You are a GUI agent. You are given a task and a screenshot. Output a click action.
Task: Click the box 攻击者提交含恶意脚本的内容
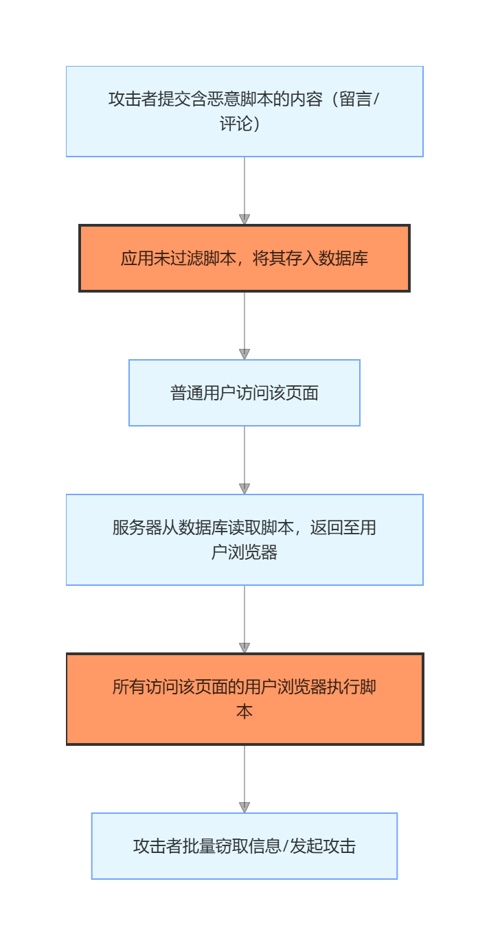click(244, 111)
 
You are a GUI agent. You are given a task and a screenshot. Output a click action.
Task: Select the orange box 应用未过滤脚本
click(244, 258)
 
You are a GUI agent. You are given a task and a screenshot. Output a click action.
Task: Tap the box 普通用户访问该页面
click(244, 393)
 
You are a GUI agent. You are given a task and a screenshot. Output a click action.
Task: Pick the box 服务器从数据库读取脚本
click(244, 540)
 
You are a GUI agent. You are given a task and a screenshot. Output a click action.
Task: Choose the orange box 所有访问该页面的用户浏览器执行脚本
click(244, 699)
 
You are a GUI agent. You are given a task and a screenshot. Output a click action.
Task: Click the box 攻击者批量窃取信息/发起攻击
click(244, 846)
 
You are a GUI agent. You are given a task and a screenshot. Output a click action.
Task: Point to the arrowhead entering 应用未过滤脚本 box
click(244, 220)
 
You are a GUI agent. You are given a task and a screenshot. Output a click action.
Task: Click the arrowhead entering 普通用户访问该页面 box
click(244, 354)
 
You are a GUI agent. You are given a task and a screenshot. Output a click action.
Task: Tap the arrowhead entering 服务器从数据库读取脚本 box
click(244, 489)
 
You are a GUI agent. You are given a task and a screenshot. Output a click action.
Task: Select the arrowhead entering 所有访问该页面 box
click(244, 648)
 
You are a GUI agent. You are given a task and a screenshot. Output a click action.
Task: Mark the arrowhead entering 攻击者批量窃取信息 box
click(244, 808)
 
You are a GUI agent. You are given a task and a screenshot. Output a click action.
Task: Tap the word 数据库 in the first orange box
click(343, 259)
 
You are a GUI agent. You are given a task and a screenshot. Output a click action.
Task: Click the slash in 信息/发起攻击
click(286, 847)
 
